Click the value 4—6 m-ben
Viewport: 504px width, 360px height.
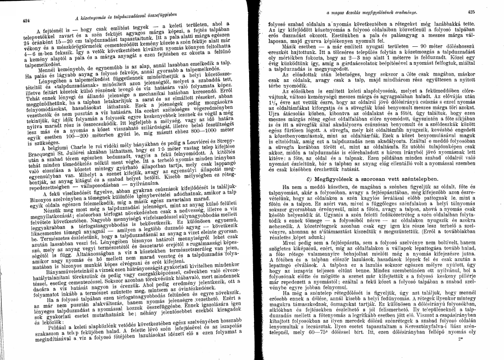click(x=37, y=63)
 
